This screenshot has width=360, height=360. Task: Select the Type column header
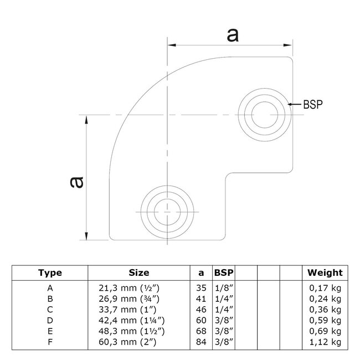50,272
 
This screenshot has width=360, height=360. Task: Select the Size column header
138,272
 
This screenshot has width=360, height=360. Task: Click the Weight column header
325,272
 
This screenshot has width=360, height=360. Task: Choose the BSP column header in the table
224,272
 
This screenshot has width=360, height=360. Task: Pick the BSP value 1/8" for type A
224,288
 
